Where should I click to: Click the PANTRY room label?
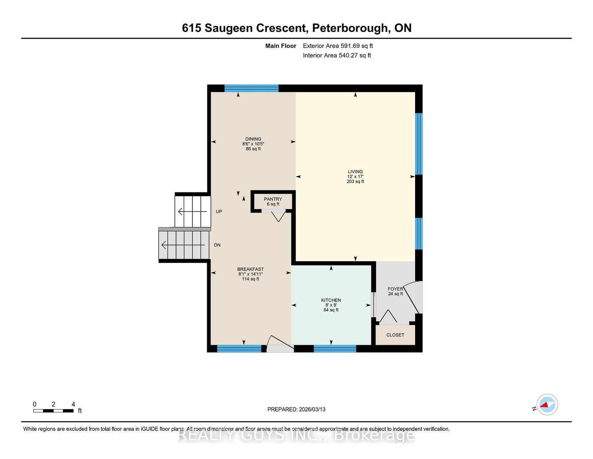point(273,199)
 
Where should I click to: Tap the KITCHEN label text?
point(331,300)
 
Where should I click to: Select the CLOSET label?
point(395,335)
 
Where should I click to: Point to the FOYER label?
point(395,289)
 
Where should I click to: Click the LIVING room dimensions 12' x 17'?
point(355,177)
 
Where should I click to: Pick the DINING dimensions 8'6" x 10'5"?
point(253,144)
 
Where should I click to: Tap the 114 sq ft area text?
point(250,279)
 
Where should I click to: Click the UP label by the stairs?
point(219,212)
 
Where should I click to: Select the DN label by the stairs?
point(217,245)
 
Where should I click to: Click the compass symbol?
point(547,404)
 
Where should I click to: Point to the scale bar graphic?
point(53,411)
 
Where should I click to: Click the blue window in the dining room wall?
point(251,88)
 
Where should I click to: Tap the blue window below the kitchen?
point(335,349)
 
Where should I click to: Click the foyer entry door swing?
point(413,297)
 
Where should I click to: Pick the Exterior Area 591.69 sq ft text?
point(338,46)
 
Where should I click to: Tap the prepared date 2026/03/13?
point(312,409)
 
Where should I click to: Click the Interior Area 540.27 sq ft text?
point(337,55)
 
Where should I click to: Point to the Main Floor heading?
point(281,46)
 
